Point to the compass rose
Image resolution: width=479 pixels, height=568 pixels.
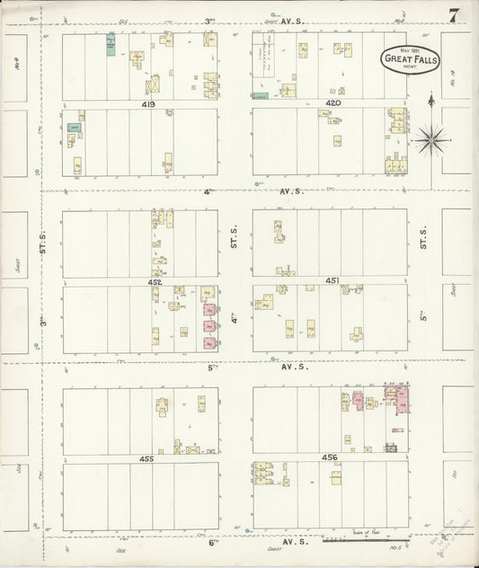[x=431, y=138]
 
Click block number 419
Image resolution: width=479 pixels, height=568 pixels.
[x=148, y=104]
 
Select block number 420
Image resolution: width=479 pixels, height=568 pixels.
[x=334, y=104]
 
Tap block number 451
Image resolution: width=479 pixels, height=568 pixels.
[x=333, y=281]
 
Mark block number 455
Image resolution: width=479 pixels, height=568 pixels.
[x=146, y=458]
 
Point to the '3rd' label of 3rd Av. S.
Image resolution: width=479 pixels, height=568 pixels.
[x=208, y=20]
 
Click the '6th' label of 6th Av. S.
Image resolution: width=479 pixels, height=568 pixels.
[x=212, y=543]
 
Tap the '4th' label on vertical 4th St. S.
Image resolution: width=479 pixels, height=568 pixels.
[x=232, y=316]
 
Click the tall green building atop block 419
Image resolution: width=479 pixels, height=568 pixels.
[x=111, y=46]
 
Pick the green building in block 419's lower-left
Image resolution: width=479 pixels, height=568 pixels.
[x=73, y=129]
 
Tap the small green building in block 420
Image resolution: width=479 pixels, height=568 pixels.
[x=261, y=95]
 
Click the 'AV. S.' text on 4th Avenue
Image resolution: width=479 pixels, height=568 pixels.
[x=290, y=191]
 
